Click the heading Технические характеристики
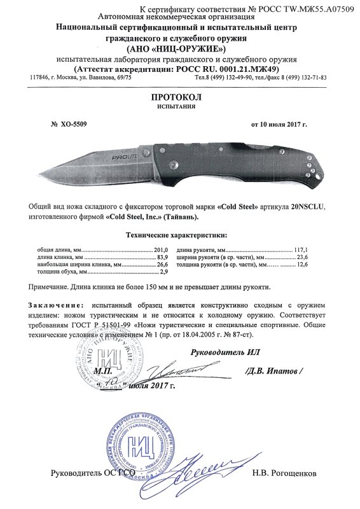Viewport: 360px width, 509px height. click(180, 235)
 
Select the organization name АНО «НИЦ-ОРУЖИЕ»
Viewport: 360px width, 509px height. click(180, 50)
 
